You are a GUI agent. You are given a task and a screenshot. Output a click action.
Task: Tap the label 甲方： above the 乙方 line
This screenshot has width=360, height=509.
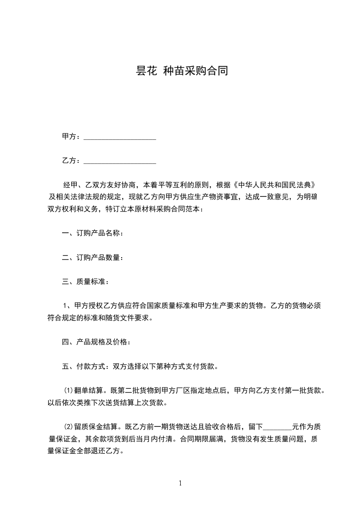[x=71, y=137]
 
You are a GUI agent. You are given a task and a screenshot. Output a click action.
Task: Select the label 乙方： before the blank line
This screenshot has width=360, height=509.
[x=71, y=161]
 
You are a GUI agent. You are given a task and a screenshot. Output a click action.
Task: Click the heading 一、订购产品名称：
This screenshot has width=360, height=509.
[x=92, y=234]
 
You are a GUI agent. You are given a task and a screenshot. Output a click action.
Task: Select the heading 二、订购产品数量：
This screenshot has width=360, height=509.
[x=92, y=258]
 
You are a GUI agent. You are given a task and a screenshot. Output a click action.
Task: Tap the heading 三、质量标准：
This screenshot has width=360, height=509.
[x=85, y=282]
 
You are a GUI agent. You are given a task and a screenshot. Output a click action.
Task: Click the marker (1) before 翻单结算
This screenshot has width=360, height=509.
[x=68, y=390]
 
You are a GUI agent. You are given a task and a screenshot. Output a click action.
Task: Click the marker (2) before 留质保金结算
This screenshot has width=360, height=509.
[x=68, y=427]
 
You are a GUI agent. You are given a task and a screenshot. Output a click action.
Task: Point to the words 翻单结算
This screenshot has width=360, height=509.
[x=88, y=390]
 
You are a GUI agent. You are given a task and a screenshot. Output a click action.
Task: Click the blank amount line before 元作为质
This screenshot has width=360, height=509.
[x=277, y=427]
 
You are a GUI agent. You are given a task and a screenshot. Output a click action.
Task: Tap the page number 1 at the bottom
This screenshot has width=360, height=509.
[x=180, y=483]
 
